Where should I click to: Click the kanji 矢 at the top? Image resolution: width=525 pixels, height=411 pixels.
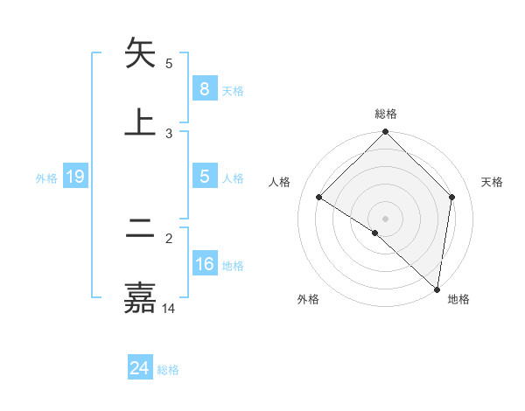coord(140,53)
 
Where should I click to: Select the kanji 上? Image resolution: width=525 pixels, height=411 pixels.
coord(140,121)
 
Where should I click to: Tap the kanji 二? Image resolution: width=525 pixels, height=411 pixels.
coord(140,229)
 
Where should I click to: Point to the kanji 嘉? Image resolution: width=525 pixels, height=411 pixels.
coord(140,297)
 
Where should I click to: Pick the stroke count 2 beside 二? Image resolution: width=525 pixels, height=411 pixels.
coord(169,238)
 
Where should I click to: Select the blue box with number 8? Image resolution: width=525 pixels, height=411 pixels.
coord(204,88)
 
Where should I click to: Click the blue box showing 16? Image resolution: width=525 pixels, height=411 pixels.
coord(204,264)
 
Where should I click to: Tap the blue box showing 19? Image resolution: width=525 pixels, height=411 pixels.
coord(74,177)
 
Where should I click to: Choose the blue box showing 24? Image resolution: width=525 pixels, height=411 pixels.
coord(139,368)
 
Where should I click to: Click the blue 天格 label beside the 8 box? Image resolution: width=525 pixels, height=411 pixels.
coord(233,90)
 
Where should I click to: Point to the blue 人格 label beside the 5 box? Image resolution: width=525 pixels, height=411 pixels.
coord(233,178)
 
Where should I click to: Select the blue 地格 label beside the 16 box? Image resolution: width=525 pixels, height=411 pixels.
coord(233,266)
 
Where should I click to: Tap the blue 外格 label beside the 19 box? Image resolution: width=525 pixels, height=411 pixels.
coord(46,178)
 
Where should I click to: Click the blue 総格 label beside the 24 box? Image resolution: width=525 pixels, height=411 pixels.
coord(168,370)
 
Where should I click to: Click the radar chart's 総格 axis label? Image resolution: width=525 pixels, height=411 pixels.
coord(386,114)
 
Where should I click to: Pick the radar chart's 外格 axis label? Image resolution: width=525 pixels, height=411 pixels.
coord(308,299)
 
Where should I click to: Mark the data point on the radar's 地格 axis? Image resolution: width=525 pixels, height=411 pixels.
coord(437,289)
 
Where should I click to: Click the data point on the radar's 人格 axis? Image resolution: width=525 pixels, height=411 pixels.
coord(319,198)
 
